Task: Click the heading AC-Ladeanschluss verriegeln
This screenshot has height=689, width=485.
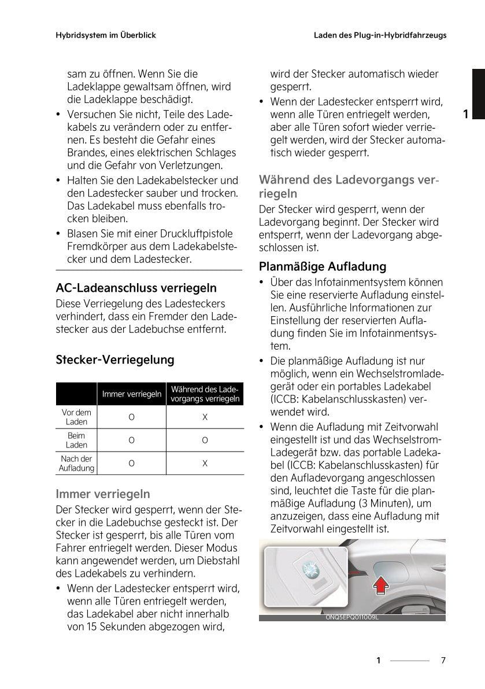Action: [x=136, y=288]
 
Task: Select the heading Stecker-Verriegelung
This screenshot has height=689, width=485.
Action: [x=114, y=360]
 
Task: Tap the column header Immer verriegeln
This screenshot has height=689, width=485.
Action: [x=131, y=394]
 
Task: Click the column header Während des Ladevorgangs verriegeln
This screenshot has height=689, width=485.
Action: [x=205, y=394]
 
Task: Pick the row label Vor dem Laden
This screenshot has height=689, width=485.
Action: [x=76, y=417]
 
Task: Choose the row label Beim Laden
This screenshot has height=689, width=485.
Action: [x=76, y=440]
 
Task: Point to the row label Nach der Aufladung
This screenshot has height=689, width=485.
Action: [x=76, y=463]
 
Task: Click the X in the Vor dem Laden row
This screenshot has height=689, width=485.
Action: [x=205, y=417]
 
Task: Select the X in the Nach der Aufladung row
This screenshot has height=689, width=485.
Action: [x=205, y=463]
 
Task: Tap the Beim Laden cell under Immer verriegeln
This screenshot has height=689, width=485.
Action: [x=132, y=440]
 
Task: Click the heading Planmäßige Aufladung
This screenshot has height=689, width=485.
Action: [x=323, y=267]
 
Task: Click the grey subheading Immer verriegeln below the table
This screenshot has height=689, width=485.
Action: [x=103, y=494]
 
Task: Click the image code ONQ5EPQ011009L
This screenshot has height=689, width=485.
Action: [x=351, y=618]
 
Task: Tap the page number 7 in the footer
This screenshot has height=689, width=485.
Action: [x=443, y=660]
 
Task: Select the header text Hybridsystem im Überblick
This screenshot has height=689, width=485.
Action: [x=106, y=35]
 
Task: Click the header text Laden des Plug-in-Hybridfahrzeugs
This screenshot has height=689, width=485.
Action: [x=380, y=35]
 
